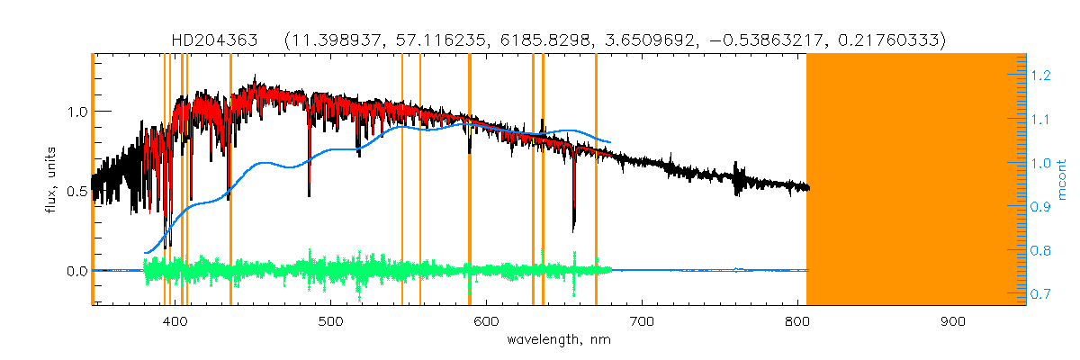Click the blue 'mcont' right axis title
click(x=1062, y=180)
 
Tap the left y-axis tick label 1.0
click(x=76, y=112)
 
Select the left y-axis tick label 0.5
click(x=76, y=191)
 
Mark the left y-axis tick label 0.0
click(x=76, y=271)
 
